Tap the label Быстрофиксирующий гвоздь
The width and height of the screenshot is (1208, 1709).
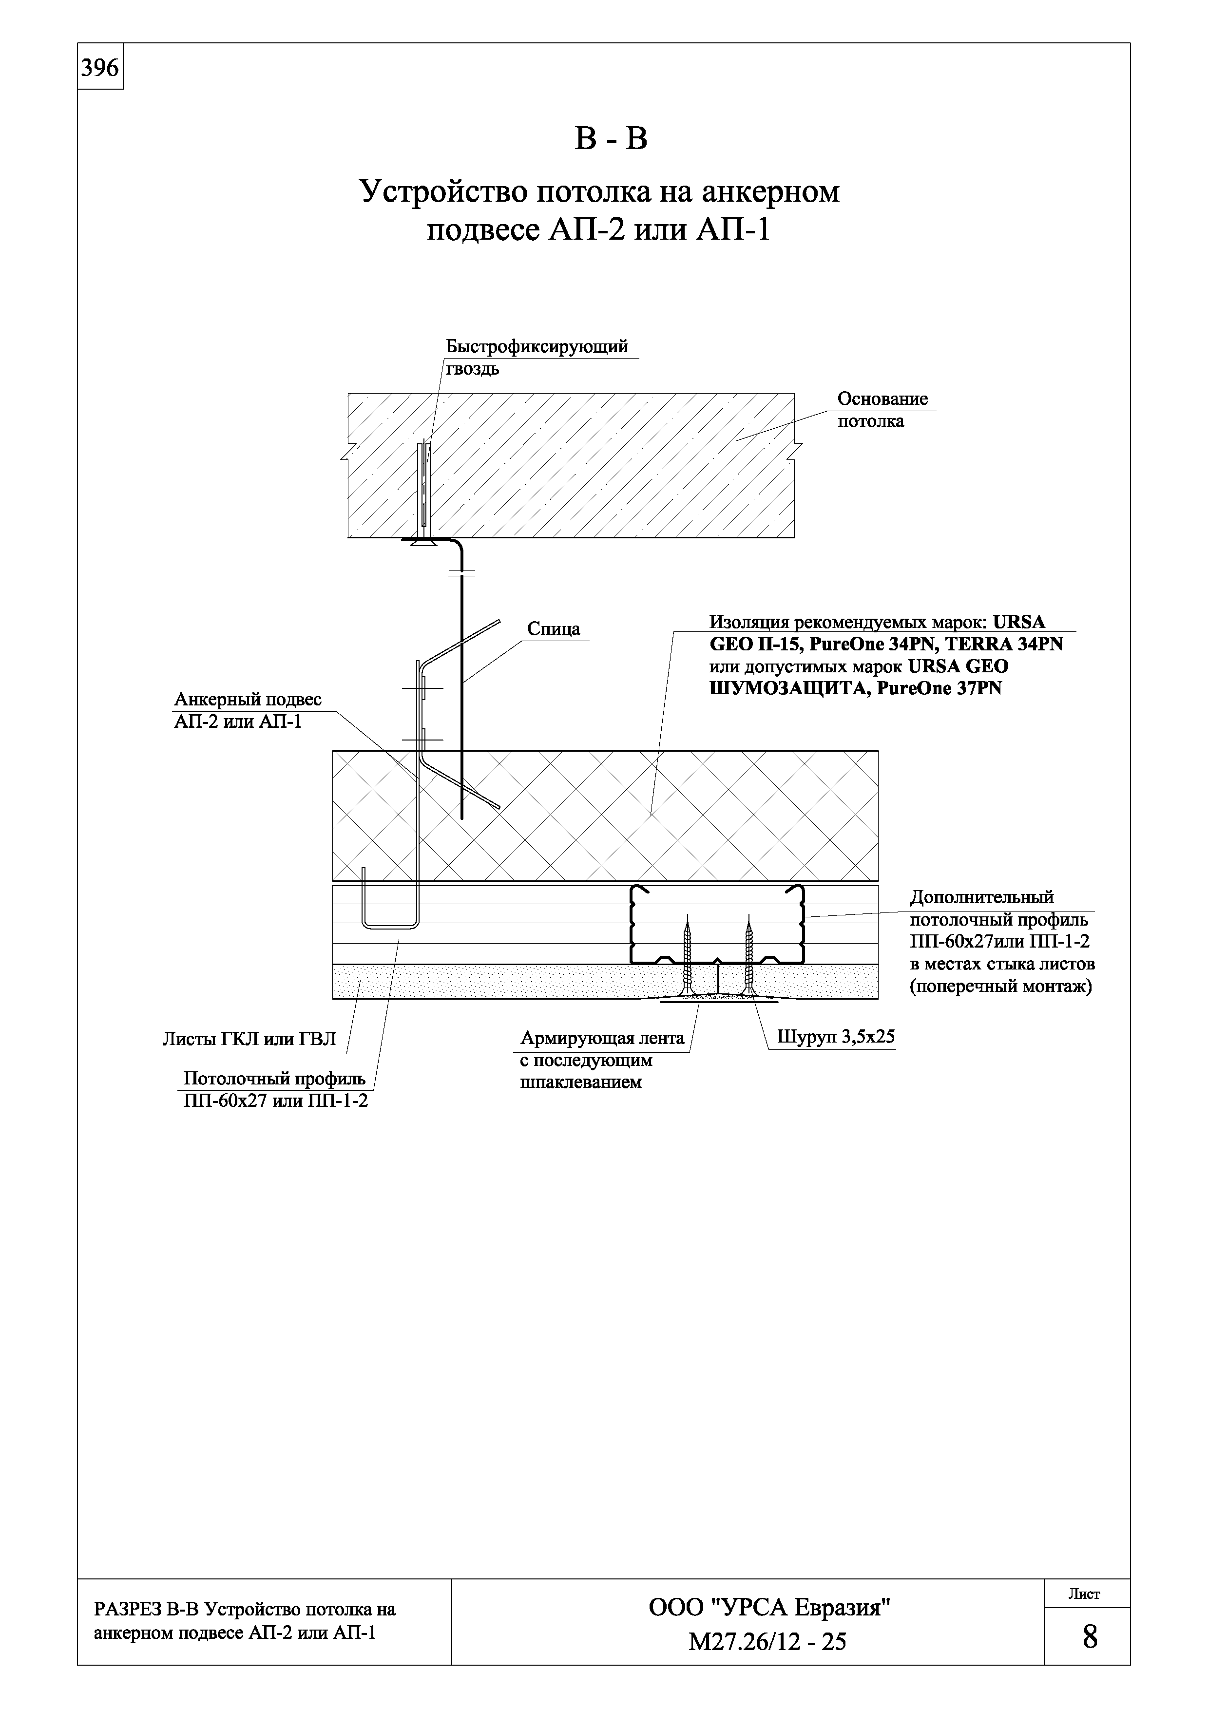(536, 357)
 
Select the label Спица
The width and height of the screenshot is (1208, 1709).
(553, 629)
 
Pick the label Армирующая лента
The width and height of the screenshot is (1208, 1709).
(601, 1038)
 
